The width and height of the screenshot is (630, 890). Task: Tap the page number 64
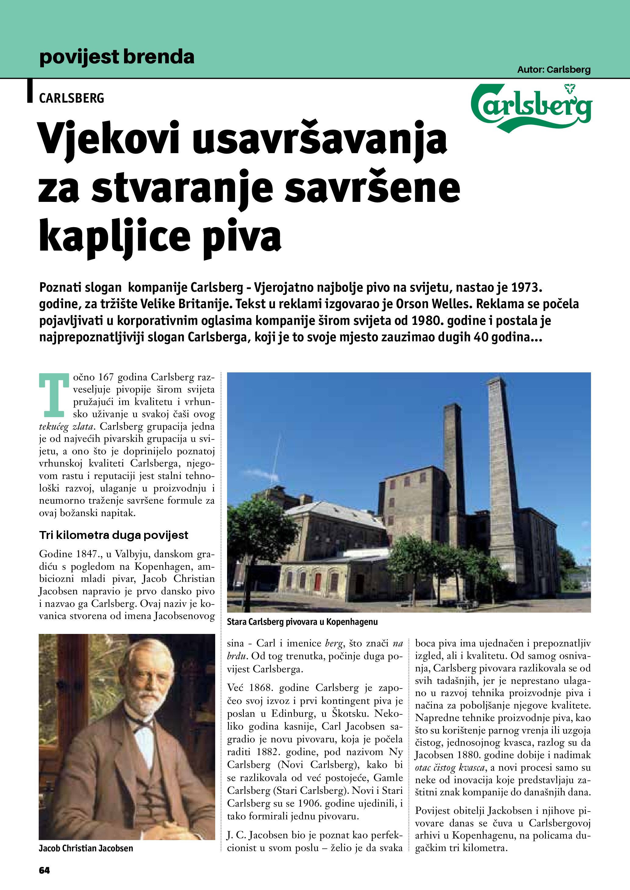pos(44,870)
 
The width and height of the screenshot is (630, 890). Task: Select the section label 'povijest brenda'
pos(116,57)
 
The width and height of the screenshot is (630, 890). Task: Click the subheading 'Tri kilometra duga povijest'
pos(113,535)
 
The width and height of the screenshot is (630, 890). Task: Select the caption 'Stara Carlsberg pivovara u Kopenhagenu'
pos(302,622)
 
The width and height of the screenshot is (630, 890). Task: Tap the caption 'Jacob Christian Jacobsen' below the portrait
pos(86,849)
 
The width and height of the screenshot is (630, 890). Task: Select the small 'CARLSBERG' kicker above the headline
pos(72,98)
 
